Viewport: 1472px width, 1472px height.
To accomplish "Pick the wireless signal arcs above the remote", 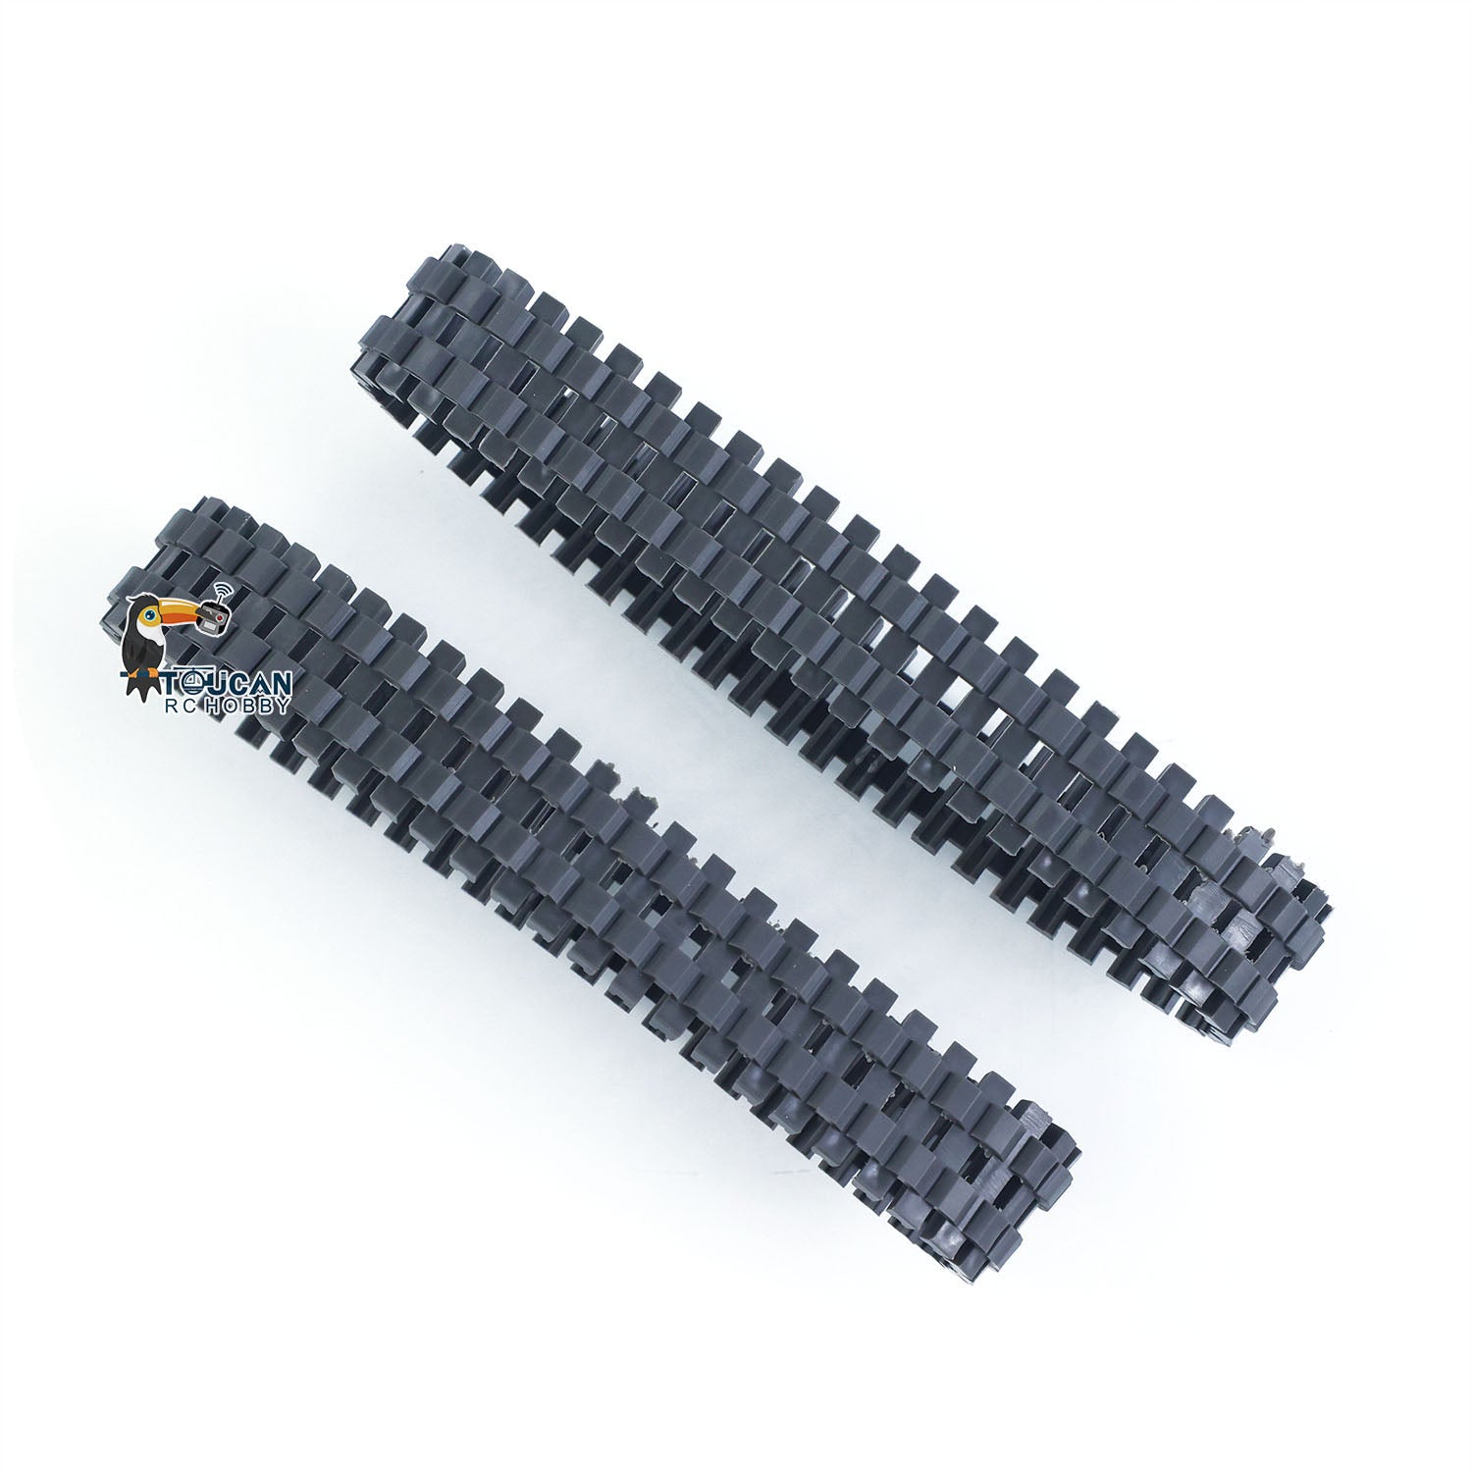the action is click(224, 589).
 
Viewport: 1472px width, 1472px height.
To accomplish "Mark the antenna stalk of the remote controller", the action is click(221, 600).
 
